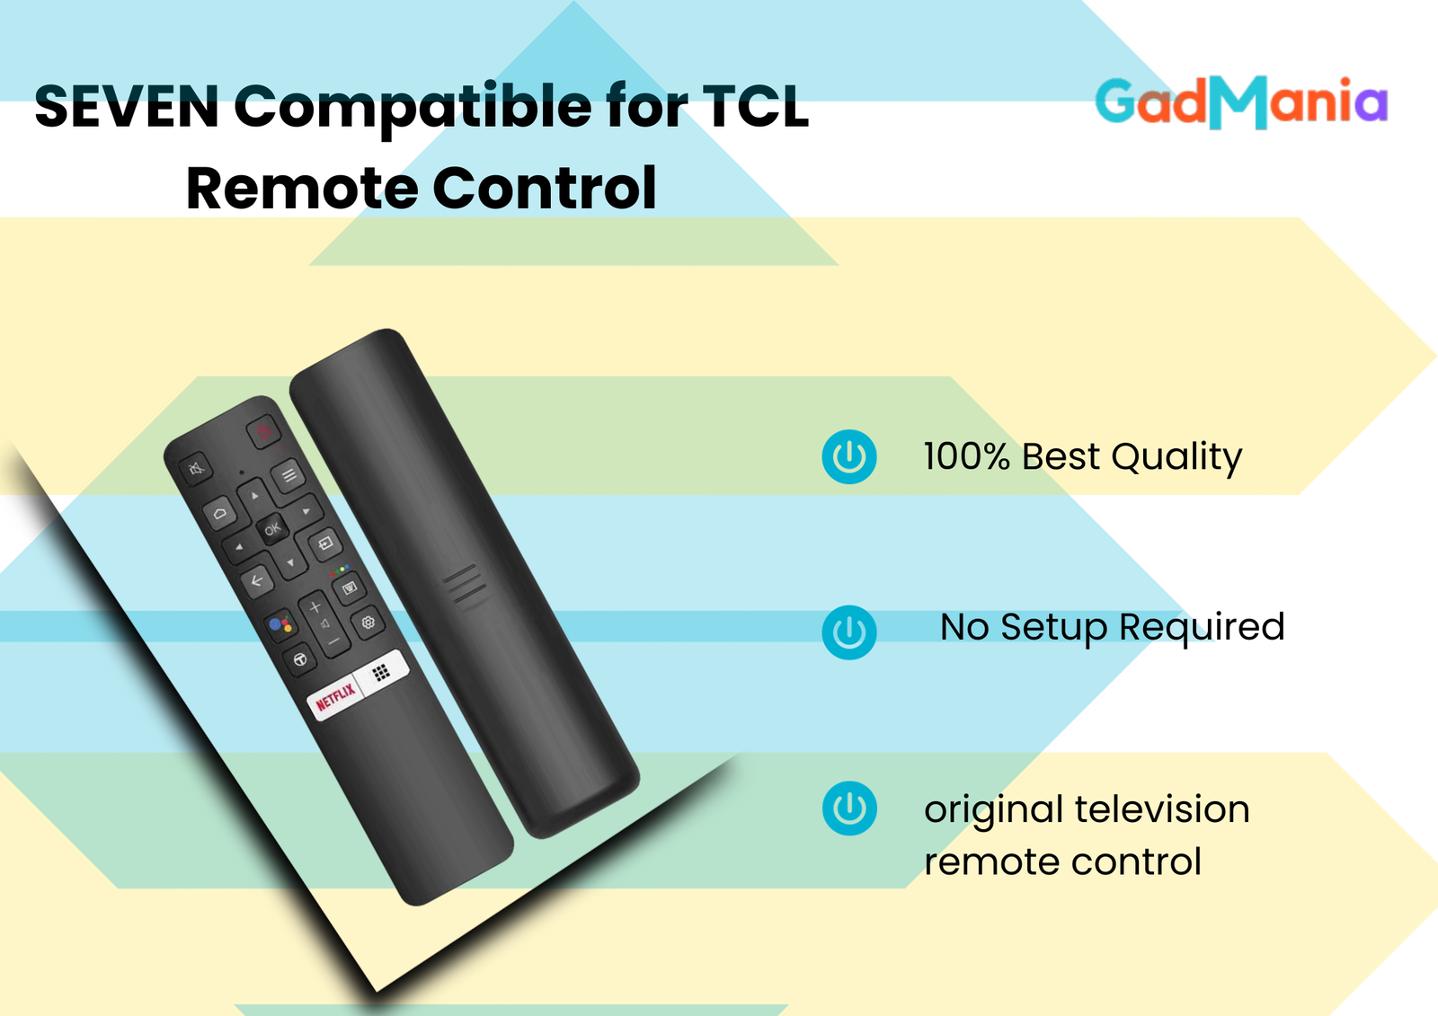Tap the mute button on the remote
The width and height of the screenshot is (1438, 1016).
click(196, 468)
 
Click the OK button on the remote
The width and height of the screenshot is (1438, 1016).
click(271, 529)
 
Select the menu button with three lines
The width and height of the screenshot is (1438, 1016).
click(288, 475)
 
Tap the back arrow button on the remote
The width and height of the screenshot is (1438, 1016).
click(257, 581)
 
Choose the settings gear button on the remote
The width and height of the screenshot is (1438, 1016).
click(368, 622)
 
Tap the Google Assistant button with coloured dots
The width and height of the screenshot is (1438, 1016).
click(280, 625)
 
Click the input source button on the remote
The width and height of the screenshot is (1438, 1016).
click(324, 544)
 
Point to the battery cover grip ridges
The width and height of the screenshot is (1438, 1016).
click(465, 584)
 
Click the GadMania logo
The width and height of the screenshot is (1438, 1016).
click(1241, 102)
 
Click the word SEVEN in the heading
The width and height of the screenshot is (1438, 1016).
click(127, 107)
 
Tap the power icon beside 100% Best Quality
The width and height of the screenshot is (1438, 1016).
click(848, 456)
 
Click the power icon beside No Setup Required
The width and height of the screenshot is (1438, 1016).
click(848, 632)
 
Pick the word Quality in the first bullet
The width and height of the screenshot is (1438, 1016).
click(1176, 458)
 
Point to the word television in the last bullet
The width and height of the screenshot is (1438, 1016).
click(1162, 808)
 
